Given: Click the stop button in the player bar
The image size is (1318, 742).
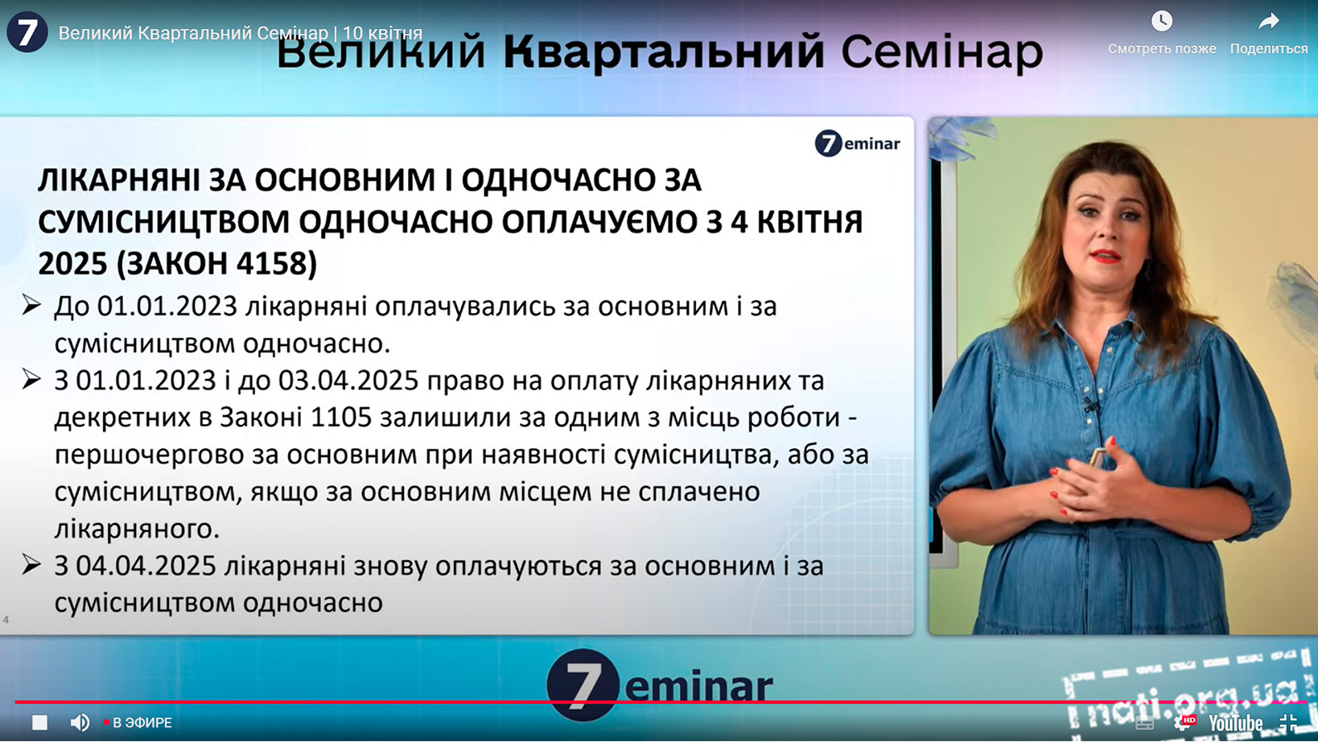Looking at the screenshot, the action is click(39, 722).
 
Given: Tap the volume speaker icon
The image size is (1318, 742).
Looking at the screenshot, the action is click(80, 722).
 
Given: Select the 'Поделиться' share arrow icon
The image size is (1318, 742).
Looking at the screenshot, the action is click(1269, 22).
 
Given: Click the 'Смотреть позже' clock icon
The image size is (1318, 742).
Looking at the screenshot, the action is click(1161, 21).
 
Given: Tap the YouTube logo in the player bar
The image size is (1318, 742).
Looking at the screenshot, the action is click(1236, 723).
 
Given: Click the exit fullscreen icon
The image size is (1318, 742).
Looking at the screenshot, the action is click(1288, 723).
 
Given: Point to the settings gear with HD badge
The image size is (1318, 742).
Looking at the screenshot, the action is click(1184, 723).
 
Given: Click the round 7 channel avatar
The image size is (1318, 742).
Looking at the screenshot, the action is click(27, 31).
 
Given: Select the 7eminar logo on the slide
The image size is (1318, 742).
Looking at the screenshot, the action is click(857, 143).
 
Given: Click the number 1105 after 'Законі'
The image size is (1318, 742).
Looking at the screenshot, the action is click(340, 418).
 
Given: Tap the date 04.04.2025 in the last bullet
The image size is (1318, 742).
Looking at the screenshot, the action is click(146, 566).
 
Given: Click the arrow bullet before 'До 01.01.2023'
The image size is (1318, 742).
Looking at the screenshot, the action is click(31, 305).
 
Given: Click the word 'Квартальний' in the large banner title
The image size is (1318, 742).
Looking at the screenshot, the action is click(663, 52).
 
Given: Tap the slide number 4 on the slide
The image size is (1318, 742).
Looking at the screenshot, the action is click(6, 619).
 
